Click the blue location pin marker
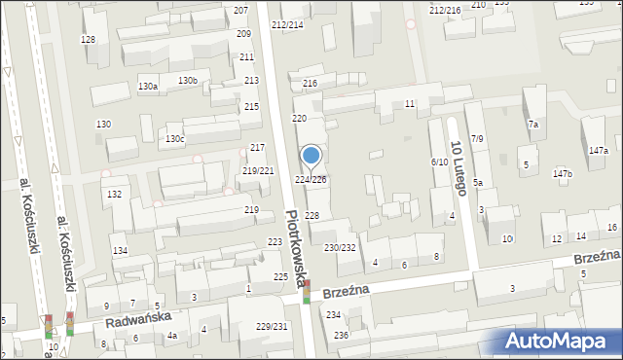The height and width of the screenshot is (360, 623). click(311, 157)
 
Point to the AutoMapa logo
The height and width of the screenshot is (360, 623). click(560, 341)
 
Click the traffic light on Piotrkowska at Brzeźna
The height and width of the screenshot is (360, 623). click(308, 291)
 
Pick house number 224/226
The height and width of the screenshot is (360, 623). click(311, 180)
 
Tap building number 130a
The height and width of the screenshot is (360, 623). click(147, 87)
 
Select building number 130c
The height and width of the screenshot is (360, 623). click(174, 139)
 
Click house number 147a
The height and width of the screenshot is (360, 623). click(598, 151)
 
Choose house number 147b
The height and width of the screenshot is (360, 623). click(563, 174)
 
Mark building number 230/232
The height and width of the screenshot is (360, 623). click(340, 248)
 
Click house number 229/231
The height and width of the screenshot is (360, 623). click(272, 327)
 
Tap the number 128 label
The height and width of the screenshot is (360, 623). click(89, 39)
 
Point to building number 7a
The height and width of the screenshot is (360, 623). click(532, 125)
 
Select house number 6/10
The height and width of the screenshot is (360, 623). click(439, 162)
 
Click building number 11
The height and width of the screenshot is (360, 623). click(410, 103)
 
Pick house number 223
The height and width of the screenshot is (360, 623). click(276, 242)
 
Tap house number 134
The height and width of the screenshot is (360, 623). click(120, 251)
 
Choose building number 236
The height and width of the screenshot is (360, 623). click(341, 335)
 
